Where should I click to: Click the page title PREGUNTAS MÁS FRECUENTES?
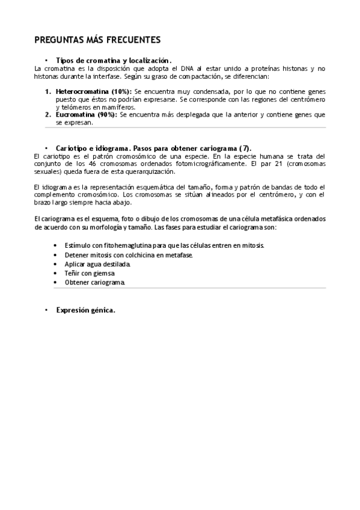[x=97, y=40]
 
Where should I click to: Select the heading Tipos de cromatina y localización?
[x=113, y=61]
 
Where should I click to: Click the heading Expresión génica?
[x=85, y=310]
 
